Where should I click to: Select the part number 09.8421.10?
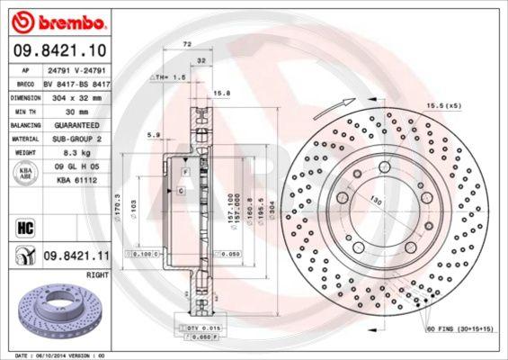(59, 49)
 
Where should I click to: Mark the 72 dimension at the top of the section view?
(187, 43)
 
